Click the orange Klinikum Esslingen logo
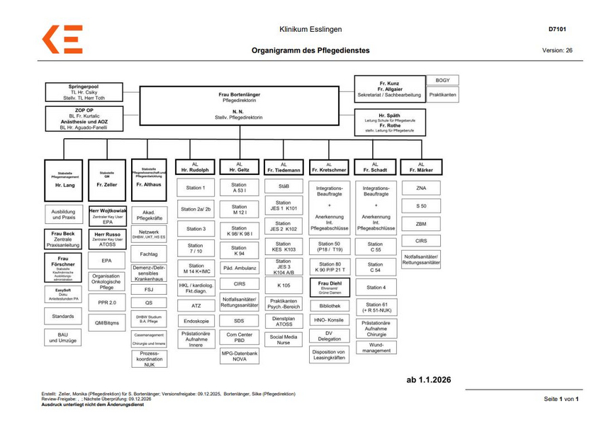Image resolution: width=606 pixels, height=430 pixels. pos(62,39)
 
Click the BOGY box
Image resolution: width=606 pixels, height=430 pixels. pos(442,80)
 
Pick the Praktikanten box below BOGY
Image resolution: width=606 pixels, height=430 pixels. pos(442,94)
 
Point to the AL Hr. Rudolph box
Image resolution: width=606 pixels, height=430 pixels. pos(194,167)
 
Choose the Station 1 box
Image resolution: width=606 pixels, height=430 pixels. pos(194,188)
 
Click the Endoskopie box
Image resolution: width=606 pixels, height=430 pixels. pos(194,320)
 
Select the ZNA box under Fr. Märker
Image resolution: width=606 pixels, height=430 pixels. pos(421,188)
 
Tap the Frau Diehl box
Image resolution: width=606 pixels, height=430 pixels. pos(329,287)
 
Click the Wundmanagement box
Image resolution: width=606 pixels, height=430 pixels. pos(375,347)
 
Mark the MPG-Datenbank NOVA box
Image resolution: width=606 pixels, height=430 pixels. pos(240,356)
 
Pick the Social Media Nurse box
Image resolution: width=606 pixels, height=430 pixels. pos(284,339)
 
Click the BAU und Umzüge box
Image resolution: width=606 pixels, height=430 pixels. pos(63,337)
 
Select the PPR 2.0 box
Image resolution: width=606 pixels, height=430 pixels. pos(106,302)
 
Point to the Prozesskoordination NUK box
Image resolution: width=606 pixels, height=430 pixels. pos(149,358)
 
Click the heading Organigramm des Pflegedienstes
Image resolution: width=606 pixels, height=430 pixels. pos(310,51)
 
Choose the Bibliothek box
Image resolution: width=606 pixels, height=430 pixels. pos(329,305)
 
